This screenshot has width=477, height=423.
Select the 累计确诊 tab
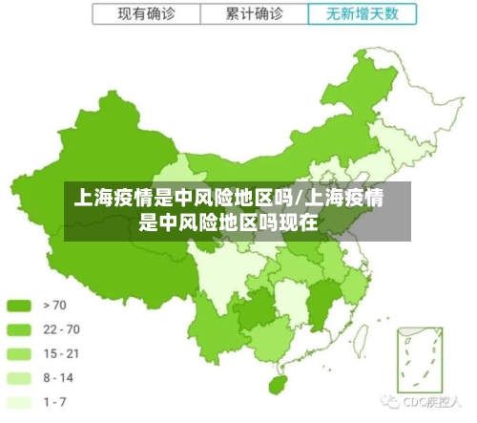tap(255, 14)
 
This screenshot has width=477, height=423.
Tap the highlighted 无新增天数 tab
tap(363, 14)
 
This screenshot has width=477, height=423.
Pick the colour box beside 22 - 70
tap(20, 329)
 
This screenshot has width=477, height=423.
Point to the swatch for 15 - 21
tap(20, 353)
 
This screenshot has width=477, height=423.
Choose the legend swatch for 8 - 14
tap(20, 377)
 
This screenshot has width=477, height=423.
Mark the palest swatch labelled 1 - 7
tap(20, 401)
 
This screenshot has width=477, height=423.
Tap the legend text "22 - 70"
tap(61, 329)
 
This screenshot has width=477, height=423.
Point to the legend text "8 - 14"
tap(58, 377)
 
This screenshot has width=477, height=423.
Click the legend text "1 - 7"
tap(54, 401)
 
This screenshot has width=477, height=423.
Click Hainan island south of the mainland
tap(278, 383)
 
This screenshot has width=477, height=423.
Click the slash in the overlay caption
tap(299, 200)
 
